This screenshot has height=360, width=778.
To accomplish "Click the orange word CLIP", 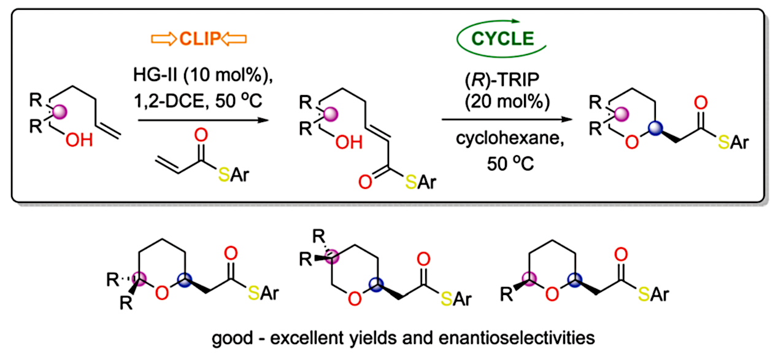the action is click(200, 39).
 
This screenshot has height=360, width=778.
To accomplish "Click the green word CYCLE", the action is click(503, 39).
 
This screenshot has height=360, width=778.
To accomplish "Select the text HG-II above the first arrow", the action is click(155, 75).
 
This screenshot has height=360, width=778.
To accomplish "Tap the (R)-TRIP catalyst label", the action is click(502, 80).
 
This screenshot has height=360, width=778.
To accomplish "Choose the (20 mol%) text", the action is click(507, 102).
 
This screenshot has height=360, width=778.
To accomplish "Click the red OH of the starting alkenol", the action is click(79, 140).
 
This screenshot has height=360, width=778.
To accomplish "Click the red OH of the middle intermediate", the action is click(349, 142).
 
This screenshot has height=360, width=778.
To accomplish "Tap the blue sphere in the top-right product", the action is click(655, 128).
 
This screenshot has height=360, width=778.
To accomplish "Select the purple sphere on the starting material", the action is click(60, 112).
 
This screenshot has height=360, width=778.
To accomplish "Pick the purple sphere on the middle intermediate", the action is click(330, 114).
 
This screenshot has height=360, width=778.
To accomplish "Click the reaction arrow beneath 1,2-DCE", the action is click(204, 120).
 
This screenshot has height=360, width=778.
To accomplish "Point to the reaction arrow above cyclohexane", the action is click(507, 120).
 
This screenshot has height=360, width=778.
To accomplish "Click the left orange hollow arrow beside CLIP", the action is click(164, 39).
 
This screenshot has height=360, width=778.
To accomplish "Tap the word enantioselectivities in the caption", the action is click(517, 338).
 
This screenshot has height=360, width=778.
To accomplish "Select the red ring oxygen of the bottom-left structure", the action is click(162, 293).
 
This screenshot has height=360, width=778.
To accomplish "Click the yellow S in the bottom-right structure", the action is click(644, 294).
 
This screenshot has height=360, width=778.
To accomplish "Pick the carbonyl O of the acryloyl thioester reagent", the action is click(201, 135).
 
